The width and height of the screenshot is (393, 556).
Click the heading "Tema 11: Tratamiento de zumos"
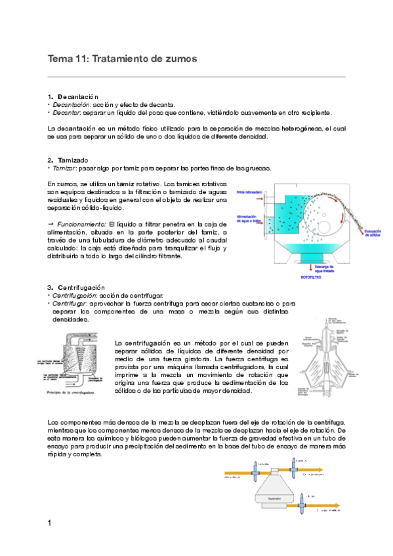(x=123, y=59)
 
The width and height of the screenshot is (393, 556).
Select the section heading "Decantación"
(x=77, y=96)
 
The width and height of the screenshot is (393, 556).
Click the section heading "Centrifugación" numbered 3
(x=81, y=288)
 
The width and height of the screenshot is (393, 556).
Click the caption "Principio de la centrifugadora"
(x=75, y=393)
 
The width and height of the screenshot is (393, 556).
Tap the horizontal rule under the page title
(x=197, y=77)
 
